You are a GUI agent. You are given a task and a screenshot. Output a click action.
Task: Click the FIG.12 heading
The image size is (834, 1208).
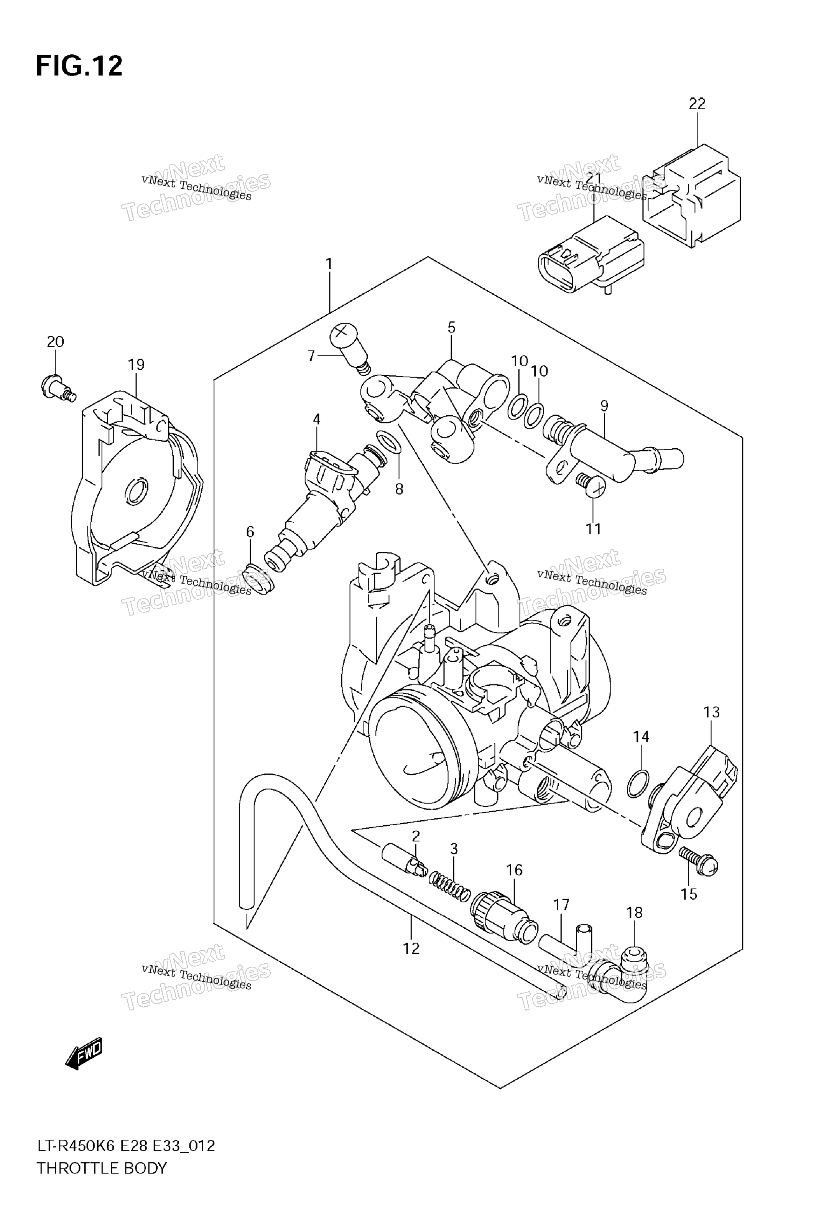click(79, 66)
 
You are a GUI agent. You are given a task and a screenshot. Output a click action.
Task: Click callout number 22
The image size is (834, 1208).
click(697, 104)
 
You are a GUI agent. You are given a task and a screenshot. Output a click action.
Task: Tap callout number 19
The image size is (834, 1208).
click(137, 365)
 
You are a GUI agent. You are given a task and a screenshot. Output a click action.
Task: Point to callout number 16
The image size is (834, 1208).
click(514, 870)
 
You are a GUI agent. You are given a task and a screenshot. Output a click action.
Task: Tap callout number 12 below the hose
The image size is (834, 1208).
click(411, 948)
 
